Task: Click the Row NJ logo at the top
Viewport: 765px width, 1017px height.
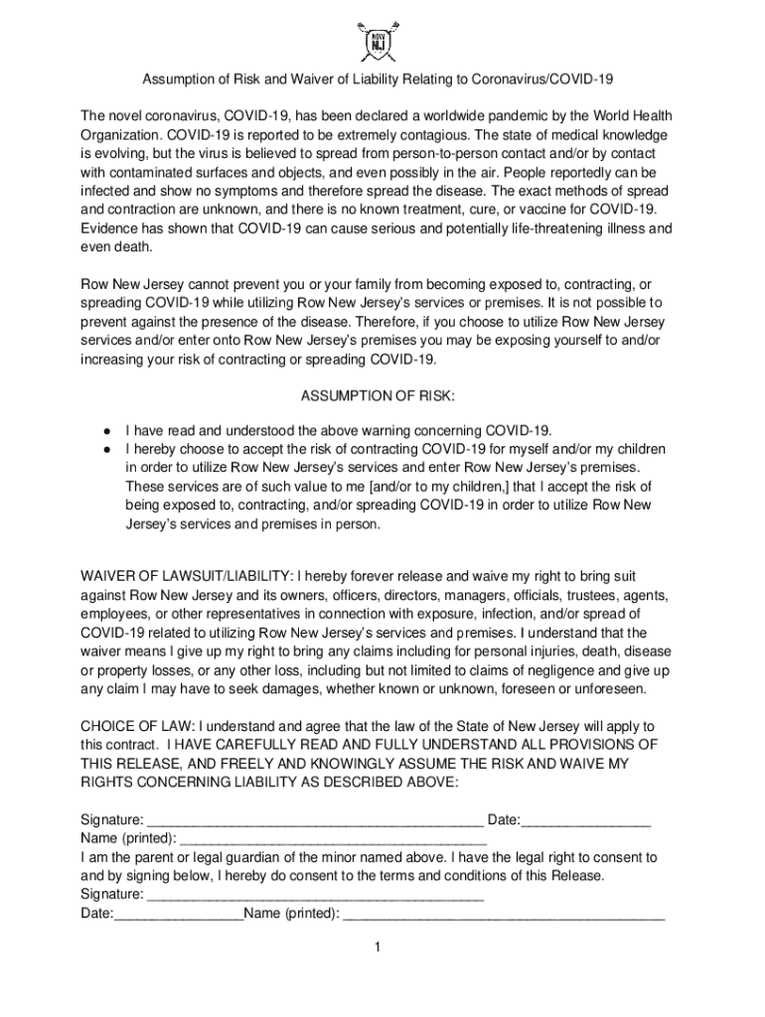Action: pos(382,41)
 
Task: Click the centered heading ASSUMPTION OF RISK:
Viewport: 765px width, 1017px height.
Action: pos(378,397)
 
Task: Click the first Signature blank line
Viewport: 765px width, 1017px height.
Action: pos(315,820)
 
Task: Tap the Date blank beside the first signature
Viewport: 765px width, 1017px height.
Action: pos(586,820)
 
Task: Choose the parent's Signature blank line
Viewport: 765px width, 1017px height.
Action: pos(315,895)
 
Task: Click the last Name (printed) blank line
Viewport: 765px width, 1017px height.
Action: pos(504,914)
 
